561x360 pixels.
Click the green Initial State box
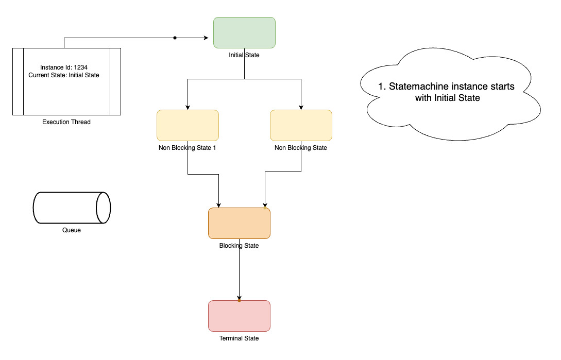click(x=244, y=32)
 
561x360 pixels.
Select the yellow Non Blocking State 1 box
click(x=188, y=125)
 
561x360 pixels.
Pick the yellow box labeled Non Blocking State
click(x=301, y=125)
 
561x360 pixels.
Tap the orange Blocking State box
click(x=239, y=223)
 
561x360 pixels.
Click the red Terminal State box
click(x=239, y=316)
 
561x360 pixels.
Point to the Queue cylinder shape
click(x=72, y=208)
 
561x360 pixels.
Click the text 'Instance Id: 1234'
click(x=67, y=67)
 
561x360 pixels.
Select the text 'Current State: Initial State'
click(x=64, y=75)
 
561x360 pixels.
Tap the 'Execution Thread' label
click(x=66, y=122)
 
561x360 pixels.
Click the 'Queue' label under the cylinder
click(x=72, y=230)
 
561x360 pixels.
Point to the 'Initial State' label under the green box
click(x=244, y=55)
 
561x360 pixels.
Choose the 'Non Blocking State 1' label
click(x=188, y=148)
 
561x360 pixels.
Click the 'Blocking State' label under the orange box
click(x=239, y=246)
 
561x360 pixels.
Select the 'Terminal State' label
click(x=239, y=338)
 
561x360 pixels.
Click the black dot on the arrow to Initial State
click(x=175, y=38)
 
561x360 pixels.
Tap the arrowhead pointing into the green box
click(x=210, y=38)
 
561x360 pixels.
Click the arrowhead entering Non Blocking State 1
click(x=188, y=107)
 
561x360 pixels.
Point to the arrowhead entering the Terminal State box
click(x=239, y=297)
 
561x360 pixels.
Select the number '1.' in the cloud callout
click(x=382, y=87)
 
